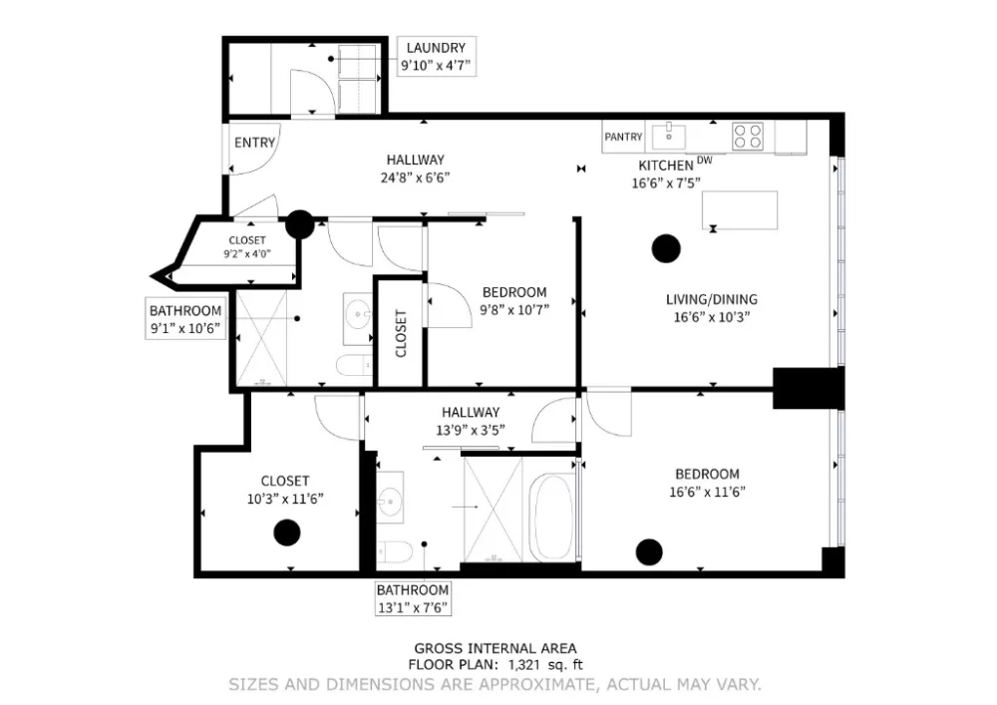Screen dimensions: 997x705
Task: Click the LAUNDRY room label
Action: point(436,48)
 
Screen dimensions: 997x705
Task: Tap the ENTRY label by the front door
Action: point(254,143)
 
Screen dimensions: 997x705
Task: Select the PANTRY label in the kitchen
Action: point(623,137)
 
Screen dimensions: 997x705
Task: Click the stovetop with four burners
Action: point(747,136)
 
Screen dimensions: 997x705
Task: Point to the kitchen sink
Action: point(669,136)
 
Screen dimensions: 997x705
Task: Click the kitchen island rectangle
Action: point(740,209)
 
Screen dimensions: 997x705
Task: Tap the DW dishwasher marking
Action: point(705,161)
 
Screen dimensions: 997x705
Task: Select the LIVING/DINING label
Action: point(712,299)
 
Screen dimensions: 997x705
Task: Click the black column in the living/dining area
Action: point(666,248)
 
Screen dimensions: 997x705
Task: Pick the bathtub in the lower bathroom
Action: point(550,519)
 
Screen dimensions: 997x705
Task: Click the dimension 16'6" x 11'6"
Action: point(707,492)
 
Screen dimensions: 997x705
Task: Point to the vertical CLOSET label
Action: point(401,333)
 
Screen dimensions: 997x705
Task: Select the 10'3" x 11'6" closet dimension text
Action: point(285,499)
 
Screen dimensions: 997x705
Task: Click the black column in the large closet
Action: point(287,532)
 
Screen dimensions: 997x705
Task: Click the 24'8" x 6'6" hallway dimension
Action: point(415,177)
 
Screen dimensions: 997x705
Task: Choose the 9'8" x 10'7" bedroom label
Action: point(514,309)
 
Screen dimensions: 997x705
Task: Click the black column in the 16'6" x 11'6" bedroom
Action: point(649,551)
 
